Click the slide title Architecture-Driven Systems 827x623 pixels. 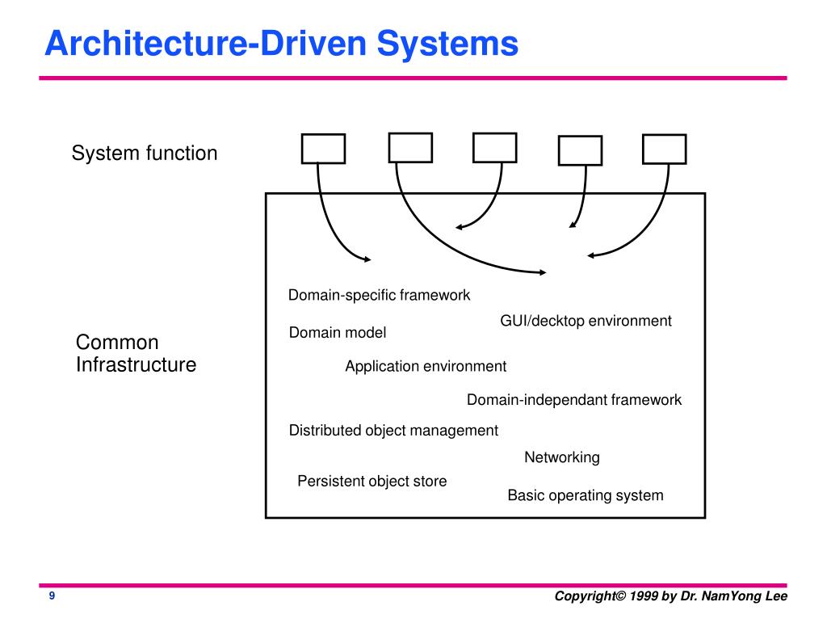click(x=282, y=44)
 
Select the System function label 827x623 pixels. click(x=145, y=153)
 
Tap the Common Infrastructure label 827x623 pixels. click(x=136, y=353)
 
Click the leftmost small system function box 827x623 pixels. click(x=323, y=149)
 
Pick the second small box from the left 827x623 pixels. click(x=410, y=148)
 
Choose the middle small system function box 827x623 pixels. click(x=495, y=148)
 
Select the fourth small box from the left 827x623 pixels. click(x=580, y=150)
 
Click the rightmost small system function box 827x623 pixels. click(x=665, y=149)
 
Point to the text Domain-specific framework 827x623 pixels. click(x=379, y=295)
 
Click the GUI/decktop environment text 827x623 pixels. click(x=586, y=321)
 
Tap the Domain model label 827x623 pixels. click(x=338, y=332)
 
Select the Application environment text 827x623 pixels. click(x=426, y=366)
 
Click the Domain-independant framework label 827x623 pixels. click(x=574, y=400)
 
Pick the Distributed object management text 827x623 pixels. click(x=393, y=431)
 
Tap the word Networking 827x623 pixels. click(x=562, y=457)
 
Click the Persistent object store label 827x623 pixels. click(x=372, y=481)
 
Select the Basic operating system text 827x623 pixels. click(x=586, y=495)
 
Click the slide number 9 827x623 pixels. click(x=52, y=596)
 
